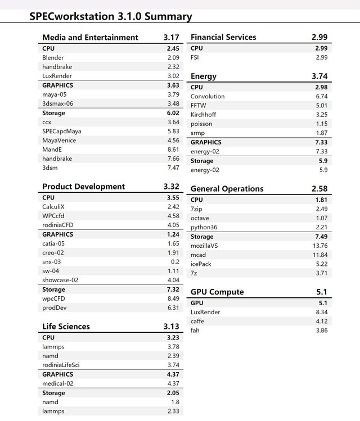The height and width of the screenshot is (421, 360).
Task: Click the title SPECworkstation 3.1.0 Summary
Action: pos(110,16)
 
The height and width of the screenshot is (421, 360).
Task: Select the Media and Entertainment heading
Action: pos(90,37)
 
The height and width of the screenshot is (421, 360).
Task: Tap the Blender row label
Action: pos(53,57)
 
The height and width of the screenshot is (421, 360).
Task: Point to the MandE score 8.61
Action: pos(173,150)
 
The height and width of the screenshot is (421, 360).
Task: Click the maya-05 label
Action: pos(55,94)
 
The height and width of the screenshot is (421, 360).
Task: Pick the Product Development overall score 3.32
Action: pos(171,187)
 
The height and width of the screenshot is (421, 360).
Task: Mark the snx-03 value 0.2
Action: pos(175,261)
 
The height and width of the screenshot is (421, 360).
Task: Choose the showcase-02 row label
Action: pos(60,280)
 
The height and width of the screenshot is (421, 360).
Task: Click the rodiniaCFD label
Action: pos(58,225)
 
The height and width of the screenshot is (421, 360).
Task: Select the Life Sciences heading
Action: pos(66,326)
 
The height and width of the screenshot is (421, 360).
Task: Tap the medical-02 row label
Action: pos(58,383)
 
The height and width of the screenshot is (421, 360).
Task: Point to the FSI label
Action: pos(195,57)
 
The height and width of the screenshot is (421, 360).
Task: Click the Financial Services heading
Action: pos(223,37)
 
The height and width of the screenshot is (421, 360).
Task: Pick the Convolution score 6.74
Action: pos(321,96)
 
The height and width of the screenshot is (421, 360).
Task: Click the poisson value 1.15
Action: pos(321,124)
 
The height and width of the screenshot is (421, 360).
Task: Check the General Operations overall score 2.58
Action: pos(319,189)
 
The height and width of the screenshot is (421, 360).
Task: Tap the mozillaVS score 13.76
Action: pos(319,246)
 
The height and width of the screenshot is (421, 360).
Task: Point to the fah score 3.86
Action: pos(321,330)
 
